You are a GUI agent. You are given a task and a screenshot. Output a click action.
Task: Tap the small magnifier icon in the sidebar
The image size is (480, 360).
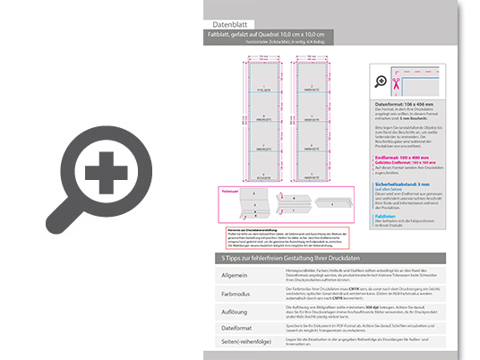point(383,83)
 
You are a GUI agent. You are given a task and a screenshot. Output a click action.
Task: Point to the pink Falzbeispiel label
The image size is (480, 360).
point(229,190)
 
